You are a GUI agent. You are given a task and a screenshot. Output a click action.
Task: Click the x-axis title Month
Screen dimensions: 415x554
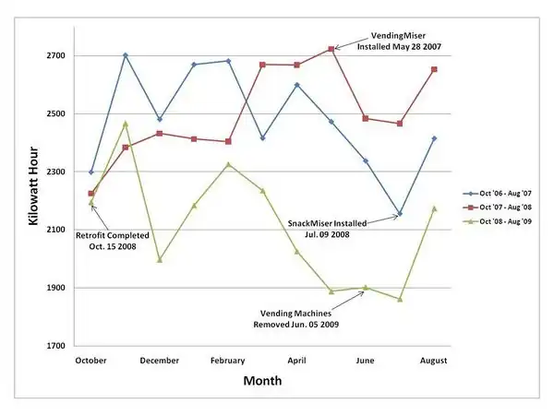pos(262,380)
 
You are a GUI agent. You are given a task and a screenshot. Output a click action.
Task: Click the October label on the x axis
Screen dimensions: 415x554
pos(91,360)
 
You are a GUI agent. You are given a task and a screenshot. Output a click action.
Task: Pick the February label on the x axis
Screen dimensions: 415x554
pos(227,360)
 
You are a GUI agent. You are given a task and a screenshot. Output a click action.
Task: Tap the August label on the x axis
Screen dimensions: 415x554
pos(434,360)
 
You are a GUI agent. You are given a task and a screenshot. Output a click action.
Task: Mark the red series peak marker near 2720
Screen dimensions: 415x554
pos(331,49)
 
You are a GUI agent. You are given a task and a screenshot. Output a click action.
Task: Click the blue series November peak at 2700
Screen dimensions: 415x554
pos(126,55)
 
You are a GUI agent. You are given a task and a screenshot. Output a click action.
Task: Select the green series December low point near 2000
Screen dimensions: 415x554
pos(160,259)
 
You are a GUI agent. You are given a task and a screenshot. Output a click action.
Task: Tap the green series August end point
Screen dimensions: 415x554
pos(434,208)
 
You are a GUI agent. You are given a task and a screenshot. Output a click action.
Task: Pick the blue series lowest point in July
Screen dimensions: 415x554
pos(400,214)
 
